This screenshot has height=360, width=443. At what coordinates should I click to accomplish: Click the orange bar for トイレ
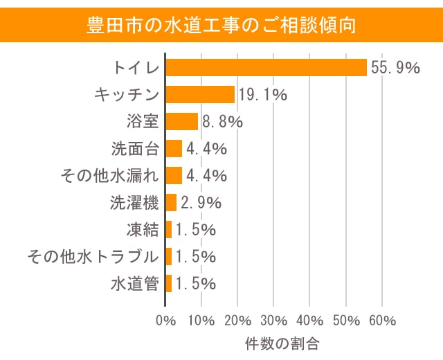266,67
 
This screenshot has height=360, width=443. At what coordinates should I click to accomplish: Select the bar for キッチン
200,94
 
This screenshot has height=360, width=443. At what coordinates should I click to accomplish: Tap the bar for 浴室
182,121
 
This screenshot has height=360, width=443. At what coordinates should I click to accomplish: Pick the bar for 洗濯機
171,202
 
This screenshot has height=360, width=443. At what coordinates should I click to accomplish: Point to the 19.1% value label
263,94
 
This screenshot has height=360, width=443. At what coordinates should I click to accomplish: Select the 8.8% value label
221,122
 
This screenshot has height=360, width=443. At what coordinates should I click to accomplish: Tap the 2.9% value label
201,203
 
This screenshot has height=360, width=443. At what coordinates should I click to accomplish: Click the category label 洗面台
135,148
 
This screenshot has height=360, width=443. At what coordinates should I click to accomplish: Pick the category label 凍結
143,229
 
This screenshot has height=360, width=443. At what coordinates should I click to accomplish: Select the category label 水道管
135,283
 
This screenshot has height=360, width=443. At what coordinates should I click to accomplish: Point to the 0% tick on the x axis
166,321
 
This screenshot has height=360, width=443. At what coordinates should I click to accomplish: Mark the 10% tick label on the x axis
201,321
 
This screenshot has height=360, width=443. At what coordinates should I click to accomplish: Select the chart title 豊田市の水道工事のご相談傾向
221,26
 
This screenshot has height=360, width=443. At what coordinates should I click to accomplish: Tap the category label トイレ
136,67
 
